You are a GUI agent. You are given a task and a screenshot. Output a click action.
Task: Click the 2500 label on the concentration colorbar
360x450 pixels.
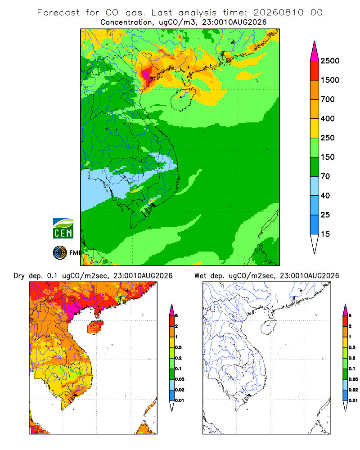tap(330, 61)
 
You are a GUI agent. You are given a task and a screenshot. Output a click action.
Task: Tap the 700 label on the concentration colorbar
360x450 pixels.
tap(328, 99)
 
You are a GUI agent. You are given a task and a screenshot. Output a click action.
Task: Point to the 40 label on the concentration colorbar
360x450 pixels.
tap(325, 195)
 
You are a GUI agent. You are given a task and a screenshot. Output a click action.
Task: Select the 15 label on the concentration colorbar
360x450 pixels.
tap(325, 234)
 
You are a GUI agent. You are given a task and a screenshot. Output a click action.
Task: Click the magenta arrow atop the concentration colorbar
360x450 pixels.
tap(315, 52)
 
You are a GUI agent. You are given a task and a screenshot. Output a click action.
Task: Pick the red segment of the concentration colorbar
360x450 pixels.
tap(315, 71)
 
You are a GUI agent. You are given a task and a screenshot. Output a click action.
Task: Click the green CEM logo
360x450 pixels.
tap(63, 229)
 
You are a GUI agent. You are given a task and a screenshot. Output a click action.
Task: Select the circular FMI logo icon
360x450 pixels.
tap(60, 253)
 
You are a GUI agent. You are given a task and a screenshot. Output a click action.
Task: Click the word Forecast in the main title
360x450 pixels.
tap(58, 13)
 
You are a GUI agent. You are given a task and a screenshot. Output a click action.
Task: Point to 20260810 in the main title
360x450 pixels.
tap(278, 13)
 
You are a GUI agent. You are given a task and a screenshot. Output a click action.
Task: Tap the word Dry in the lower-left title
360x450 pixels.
tap(19, 276)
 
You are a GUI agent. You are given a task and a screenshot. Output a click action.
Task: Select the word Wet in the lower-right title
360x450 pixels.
tap(200, 276)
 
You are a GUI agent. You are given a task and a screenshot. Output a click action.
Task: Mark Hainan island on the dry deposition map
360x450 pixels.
tap(95, 327)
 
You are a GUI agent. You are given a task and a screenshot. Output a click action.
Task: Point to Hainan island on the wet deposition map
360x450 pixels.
tap(269, 327)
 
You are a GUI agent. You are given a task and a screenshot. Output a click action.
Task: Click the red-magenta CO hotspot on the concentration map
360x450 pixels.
tap(148, 73)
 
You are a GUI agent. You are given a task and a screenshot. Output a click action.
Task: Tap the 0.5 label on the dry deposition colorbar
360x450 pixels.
tap(178, 347)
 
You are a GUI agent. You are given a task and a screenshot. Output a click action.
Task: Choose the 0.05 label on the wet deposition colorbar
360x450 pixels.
tap(353, 379)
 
